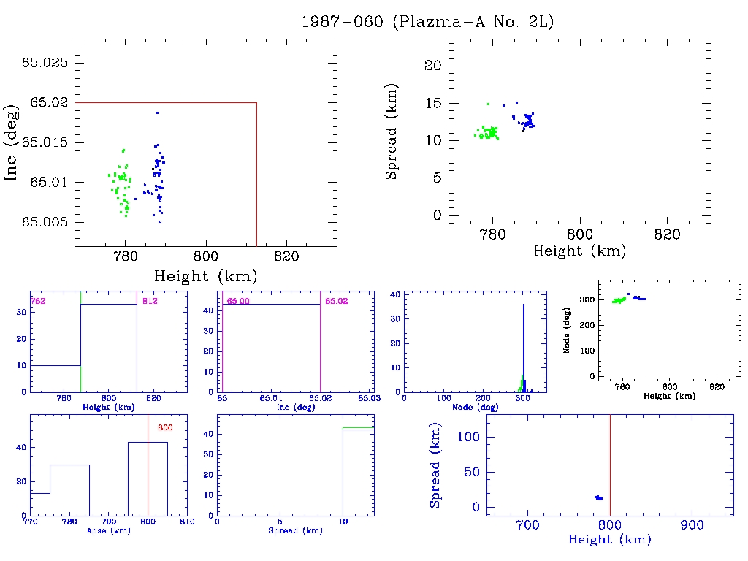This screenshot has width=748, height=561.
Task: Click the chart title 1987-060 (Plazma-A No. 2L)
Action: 428,22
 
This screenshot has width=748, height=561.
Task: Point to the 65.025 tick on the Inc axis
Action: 45,63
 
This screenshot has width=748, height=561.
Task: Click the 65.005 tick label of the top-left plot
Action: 45,222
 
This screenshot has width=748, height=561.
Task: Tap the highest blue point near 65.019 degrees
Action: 157,112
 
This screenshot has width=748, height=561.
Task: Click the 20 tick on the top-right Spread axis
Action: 433,66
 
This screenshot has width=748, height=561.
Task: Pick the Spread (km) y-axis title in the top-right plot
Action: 392,143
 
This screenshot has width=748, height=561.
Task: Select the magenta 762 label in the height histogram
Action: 37,300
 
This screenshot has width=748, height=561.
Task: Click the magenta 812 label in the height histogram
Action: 149,300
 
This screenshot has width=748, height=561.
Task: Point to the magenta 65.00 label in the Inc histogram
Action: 237,300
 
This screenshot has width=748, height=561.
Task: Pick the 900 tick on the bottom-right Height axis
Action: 691,525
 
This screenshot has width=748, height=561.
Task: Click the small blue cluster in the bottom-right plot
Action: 598,497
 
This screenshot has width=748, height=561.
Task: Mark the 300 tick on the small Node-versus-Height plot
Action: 584,299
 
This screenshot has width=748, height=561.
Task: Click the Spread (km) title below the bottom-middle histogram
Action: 295,531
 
